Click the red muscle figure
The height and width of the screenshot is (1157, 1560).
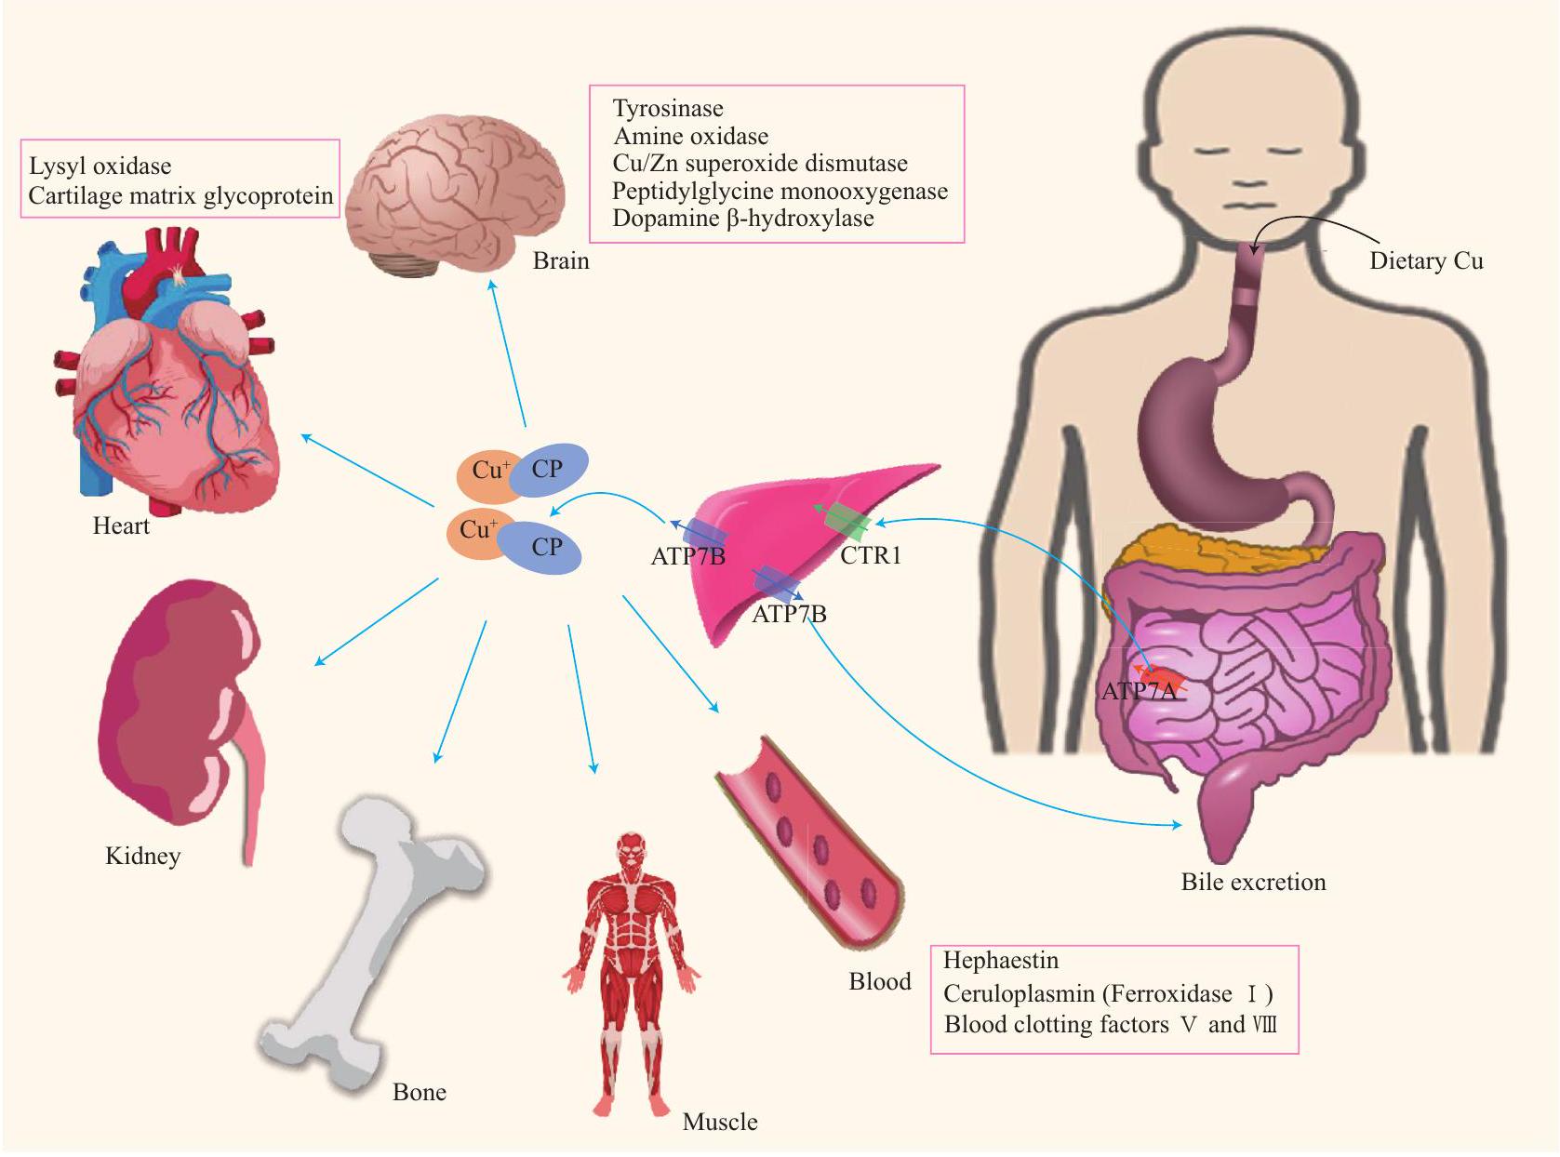[631, 967]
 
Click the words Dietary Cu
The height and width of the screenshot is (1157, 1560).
[1425, 261]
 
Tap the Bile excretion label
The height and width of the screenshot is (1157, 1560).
[1253, 882]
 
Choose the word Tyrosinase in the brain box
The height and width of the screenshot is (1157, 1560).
[667, 109]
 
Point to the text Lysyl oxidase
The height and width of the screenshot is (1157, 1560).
[100, 166]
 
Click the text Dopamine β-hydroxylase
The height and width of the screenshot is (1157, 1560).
[742, 219]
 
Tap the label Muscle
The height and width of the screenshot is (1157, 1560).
[719, 1122]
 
